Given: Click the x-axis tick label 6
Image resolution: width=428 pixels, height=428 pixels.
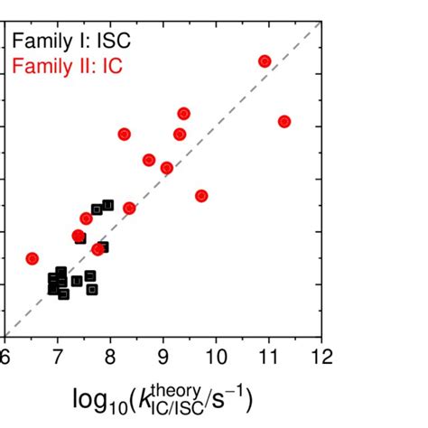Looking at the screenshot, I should (x=5, y=355).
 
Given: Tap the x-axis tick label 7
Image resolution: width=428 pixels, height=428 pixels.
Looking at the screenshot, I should (x=58, y=355).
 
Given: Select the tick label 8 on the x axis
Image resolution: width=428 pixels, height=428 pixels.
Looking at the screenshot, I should (x=110, y=355).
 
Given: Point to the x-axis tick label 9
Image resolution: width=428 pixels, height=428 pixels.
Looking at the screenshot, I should (x=163, y=355).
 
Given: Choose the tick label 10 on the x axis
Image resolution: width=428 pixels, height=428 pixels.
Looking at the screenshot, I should (x=216, y=355).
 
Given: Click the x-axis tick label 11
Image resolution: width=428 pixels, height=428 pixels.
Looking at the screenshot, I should (x=268, y=355).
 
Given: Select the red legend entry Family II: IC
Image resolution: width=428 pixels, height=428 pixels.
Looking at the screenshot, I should (x=69, y=66).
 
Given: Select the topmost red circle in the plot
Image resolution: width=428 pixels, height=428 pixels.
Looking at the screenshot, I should (x=265, y=61).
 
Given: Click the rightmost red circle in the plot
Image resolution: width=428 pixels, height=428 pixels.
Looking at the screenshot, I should (x=284, y=121).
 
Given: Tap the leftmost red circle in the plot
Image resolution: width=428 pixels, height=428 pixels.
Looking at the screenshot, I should (x=33, y=258).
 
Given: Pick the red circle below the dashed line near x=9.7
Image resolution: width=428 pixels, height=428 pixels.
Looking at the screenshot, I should (x=201, y=195).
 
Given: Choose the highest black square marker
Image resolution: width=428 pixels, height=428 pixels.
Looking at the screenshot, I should (x=108, y=205).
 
